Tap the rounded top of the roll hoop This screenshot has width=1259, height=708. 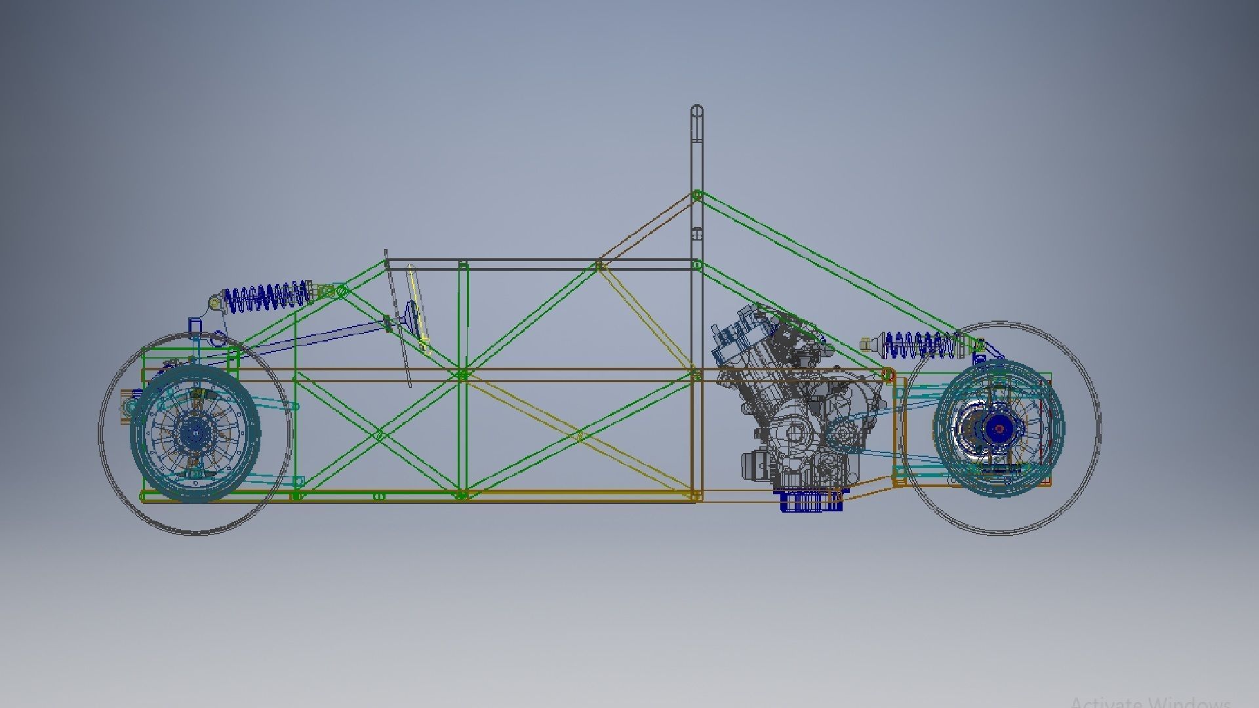click(x=697, y=111)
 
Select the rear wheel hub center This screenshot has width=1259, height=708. click(x=999, y=429)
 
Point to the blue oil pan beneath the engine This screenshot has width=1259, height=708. click(x=810, y=502)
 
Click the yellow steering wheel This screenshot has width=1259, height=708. click(x=418, y=308)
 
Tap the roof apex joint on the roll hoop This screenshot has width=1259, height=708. click(x=697, y=195)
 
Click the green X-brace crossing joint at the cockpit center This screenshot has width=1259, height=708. click(x=463, y=375)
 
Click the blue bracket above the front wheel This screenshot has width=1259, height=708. click(x=195, y=326)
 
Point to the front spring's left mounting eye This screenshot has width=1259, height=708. click(x=214, y=302)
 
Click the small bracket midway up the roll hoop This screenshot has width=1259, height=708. click(x=697, y=234)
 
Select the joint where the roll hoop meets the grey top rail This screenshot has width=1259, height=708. click(x=697, y=265)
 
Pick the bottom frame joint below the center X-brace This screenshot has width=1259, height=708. click(x=462, y=495)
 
